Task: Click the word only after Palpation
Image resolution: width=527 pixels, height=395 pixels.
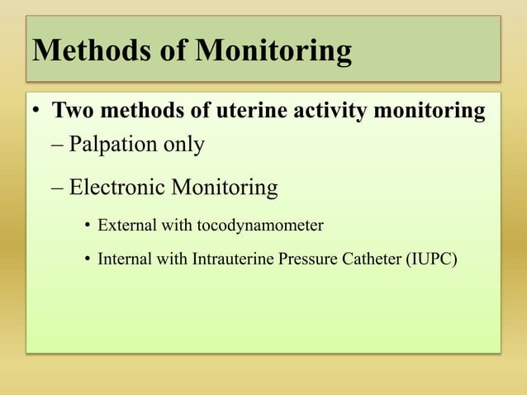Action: (183, 145)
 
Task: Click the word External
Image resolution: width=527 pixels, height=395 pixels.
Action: (124, 224)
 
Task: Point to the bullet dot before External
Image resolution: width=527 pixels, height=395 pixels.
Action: (87, 225)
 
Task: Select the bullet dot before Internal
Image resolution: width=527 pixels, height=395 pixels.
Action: (87, 260)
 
